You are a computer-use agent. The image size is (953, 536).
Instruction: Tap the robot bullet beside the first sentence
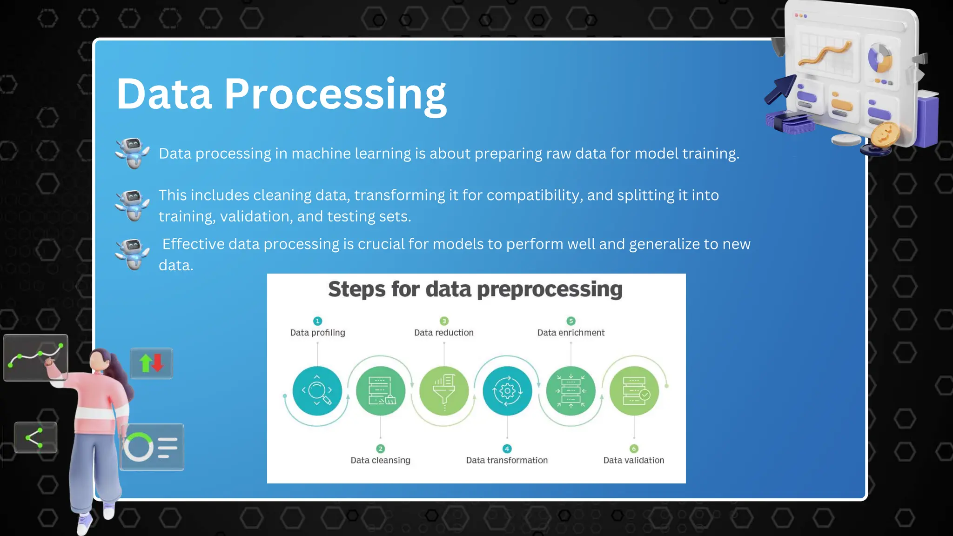click(x=133, y=153)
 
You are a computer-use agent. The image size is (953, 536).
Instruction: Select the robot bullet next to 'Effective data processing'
click(x=133, y=254)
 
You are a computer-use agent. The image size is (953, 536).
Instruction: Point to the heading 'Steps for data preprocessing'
click(x=475, y=289)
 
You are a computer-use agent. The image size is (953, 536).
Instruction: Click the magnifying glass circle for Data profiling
click(x=317, y=390)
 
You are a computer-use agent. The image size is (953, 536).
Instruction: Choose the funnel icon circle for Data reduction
click(x=444, y=390)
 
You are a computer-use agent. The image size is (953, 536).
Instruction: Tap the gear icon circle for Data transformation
click(x=507, y=390)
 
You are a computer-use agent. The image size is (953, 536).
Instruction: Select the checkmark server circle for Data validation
click(x=634, y=390)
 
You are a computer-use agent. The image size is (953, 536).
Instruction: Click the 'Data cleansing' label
click(x=380, y=460)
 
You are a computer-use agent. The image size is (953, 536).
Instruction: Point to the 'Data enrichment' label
click(x=570, y=333)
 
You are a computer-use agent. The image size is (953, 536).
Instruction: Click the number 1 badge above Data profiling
click(x=317, y=321)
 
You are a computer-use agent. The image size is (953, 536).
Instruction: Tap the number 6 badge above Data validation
click(x=634, y=449)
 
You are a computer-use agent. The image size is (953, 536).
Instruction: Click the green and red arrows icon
click(x=152, y=363)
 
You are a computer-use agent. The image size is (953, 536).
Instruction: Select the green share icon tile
click(x=35, y=437)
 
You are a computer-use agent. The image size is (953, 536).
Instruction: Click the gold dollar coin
click(x=885, y=135)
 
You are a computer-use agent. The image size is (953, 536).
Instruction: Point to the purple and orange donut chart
click(x=879, y=59)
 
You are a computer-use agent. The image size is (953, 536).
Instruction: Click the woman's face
click(x=97, y=361)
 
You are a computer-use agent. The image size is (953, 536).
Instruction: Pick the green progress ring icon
click(x=138, y=447)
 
